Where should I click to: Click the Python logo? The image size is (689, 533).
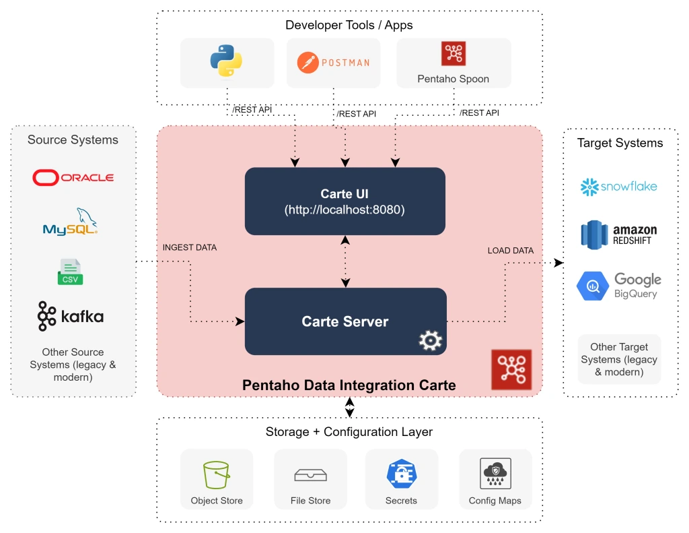tap(226, 61)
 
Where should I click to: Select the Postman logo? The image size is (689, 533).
tap(333, 63)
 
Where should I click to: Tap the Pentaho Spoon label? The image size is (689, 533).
tap(453, 79)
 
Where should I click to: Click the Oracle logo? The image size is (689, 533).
tap(73, 177)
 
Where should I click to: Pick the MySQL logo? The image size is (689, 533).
tap(71, 222)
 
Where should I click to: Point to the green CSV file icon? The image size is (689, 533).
tap(70, 272)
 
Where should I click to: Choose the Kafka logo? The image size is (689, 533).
tap(71, 316)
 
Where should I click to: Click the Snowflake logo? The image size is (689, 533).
tap(618, 187)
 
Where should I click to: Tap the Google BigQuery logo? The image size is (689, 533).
tap(618, 286)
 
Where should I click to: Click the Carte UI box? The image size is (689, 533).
tap(344, 201)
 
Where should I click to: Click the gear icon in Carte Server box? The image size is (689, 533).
tap(429, 341)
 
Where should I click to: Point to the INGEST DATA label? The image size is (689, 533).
tap(190, 248)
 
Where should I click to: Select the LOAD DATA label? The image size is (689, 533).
tap(510, 251)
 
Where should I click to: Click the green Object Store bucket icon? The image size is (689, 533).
tap(217, 475)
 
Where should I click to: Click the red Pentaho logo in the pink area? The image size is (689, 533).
tap(511, 369)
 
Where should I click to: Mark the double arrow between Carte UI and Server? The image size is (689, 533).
tap(345, 261)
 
